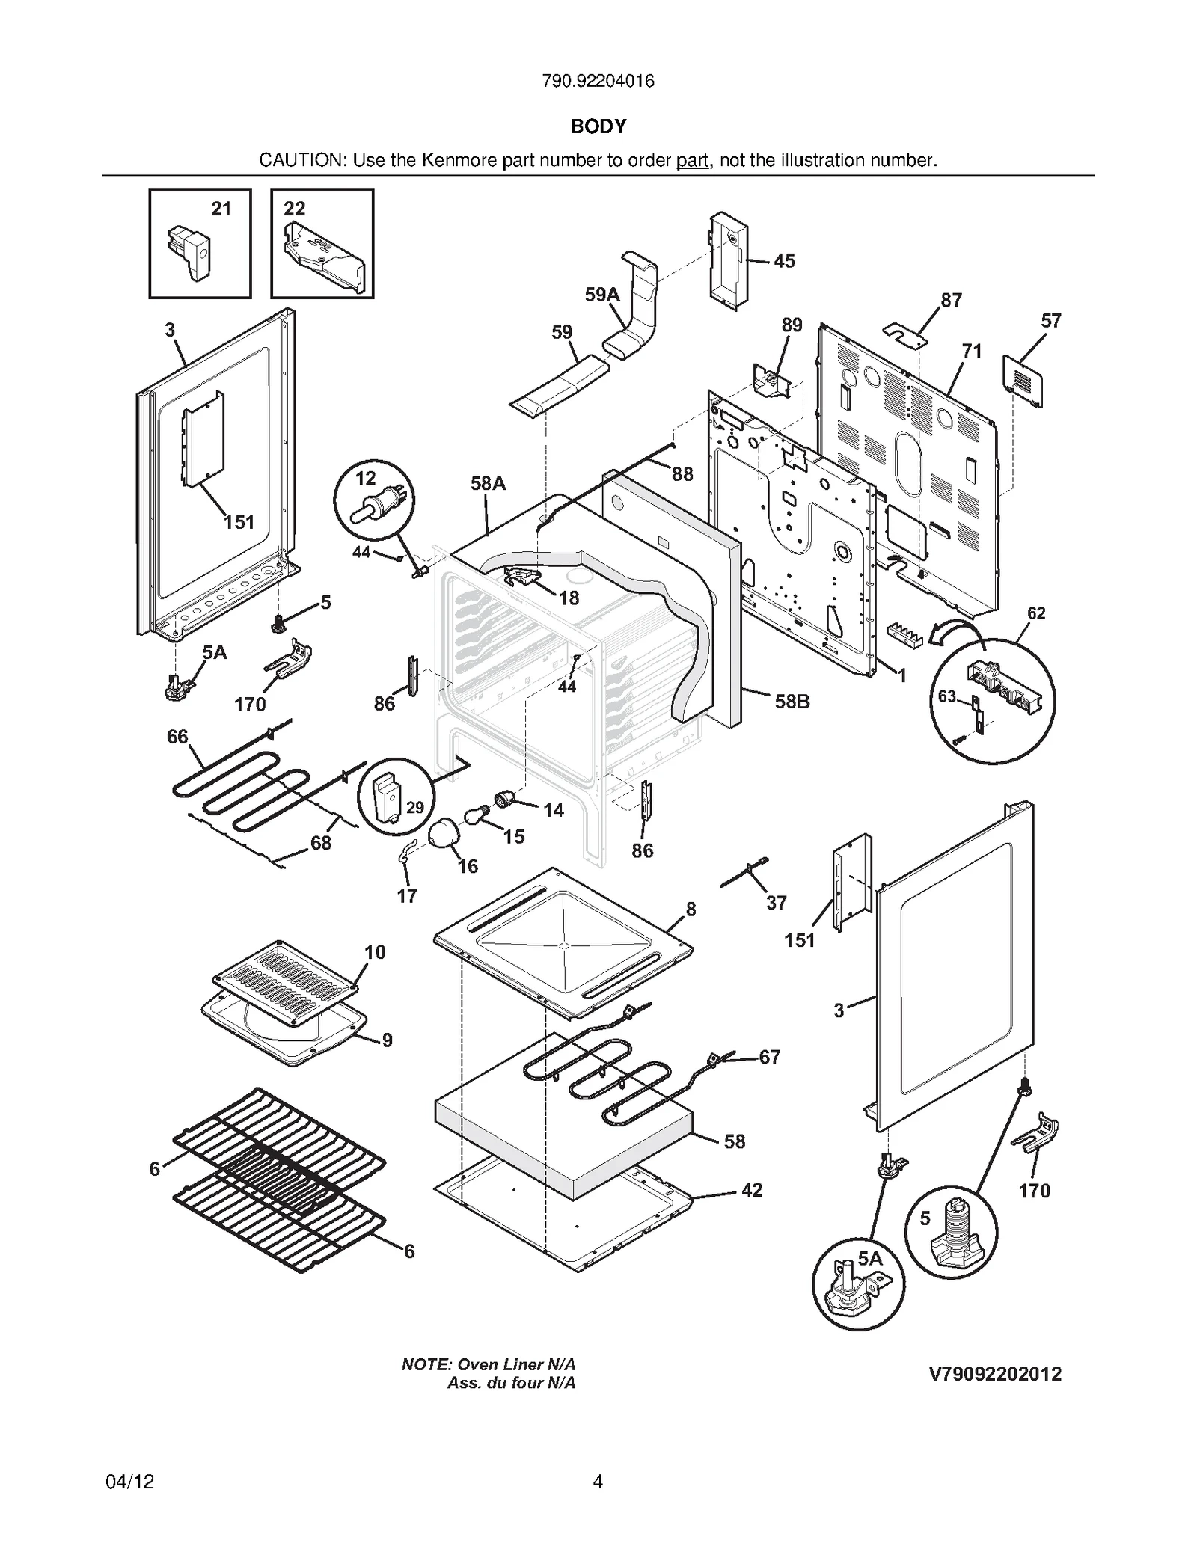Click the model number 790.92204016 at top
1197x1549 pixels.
coord(598,81)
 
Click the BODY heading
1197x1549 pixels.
coord(598,126)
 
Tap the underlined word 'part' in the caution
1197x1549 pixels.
coord(692,160)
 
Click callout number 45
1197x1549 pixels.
coord(784,261)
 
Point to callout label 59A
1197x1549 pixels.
coord(602,295)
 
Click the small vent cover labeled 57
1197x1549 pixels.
coord(1022,381)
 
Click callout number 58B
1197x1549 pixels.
coord(792,702)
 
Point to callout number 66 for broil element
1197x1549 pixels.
coord(177,737)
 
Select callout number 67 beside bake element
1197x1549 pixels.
coord(769,1057)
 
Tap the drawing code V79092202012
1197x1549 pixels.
coord(995,1374)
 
